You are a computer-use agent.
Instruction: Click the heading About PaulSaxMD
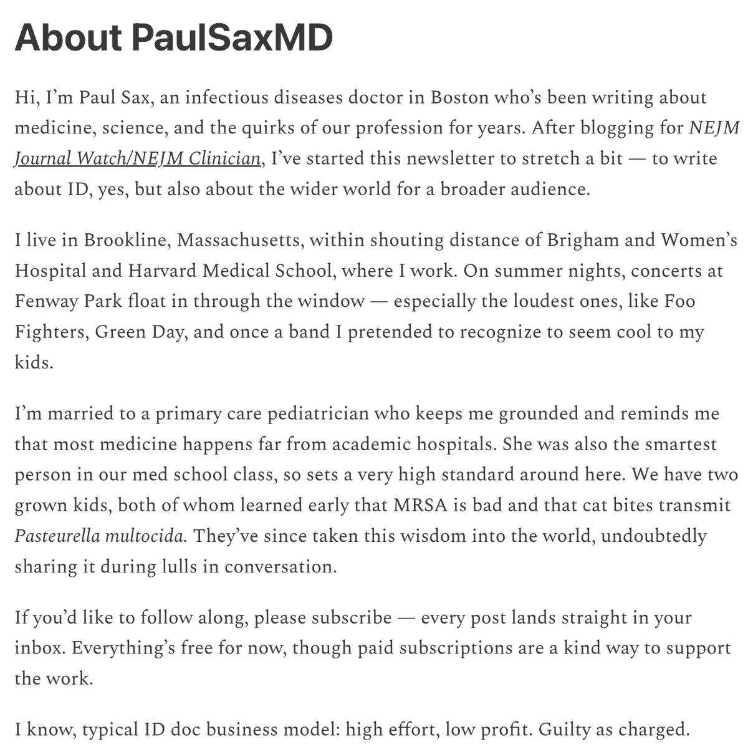[x=173, y=39]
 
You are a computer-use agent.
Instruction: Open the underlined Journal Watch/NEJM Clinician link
[x=137, y=158]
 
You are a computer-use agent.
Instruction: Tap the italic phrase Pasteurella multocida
[x=100, y=536]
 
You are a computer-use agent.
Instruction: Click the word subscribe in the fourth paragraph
[x=352, y=617]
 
